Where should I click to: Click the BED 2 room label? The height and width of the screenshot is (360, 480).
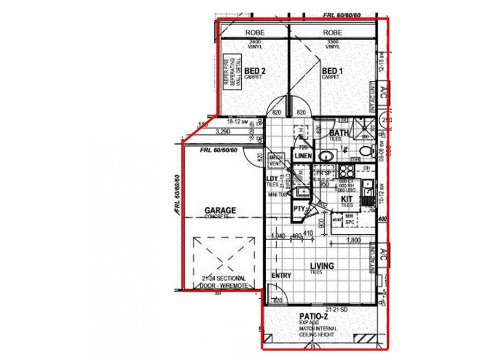pyautogui.click(x=255, y=71)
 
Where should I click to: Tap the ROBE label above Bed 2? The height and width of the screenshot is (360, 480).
pyautogui.click(x=255, y=32)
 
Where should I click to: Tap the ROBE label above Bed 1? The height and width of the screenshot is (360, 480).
pyautogui.click(x=332, y=32)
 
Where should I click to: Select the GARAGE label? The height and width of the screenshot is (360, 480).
pyautogui.click(x=220, y=211)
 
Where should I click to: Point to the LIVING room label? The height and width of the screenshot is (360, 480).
pyautogui.click(x=322, y=266)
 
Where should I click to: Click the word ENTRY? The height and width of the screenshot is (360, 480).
pyautogui.click(x=281, y=276)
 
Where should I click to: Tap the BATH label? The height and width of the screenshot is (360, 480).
pyautogui.click(x=339, y=133)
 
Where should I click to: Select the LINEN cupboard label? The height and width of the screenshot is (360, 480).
pyautogui.click(x=302, y=157)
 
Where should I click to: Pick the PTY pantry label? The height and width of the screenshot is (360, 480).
pyautogui.click(x=299, y=209)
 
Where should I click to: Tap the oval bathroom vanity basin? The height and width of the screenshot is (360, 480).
pyautogui.click(x=325, y=157)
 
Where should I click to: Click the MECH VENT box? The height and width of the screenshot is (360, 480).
pyautogui.click(x=276, y=159)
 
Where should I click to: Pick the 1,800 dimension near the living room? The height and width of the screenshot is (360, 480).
pyautogui.click(x=353, y=241)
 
